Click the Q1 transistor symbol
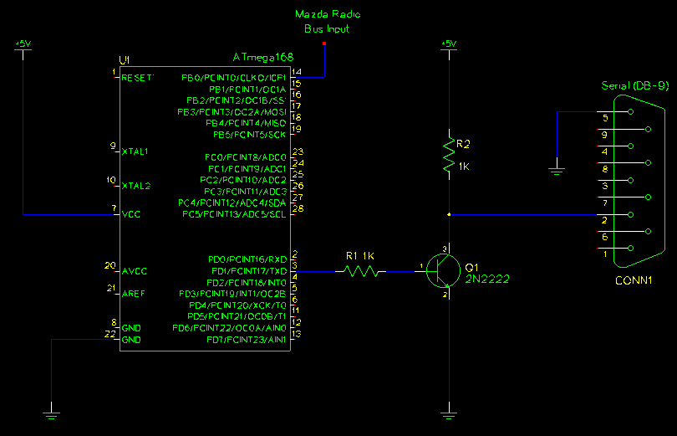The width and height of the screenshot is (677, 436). (x=443, y=271)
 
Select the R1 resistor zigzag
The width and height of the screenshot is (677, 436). (x=361, y=271)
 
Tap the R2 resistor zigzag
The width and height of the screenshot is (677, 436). (x=449, y=155)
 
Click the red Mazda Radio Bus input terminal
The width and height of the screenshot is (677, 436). (x=324, y=44)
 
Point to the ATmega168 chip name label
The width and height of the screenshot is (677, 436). (x=263, y=57)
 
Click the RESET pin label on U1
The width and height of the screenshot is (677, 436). (x=137, y=78)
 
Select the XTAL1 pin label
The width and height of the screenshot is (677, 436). (x=135, y=151)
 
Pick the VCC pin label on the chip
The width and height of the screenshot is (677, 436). (x=131, y=214)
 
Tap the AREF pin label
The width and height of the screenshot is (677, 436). (x=133, y=294)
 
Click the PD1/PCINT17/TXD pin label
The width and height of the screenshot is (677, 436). (x=249, y=271)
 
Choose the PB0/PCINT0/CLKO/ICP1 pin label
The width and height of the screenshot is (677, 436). (x=233, y=78)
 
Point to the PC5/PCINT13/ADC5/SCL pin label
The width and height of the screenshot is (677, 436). (x=234, y=214)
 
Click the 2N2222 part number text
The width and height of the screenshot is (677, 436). (x=487, y=280)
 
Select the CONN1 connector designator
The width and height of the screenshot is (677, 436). (x=634, y=280)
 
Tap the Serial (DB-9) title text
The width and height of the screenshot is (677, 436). (x=635, y=85)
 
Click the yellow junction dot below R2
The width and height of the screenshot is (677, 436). (x=449, y=214)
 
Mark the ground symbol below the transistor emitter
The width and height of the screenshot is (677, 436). (x=449, y=416)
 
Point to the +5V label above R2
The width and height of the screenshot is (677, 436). (x=449, y=44)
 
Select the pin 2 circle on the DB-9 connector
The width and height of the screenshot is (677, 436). (x=630, y=214)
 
